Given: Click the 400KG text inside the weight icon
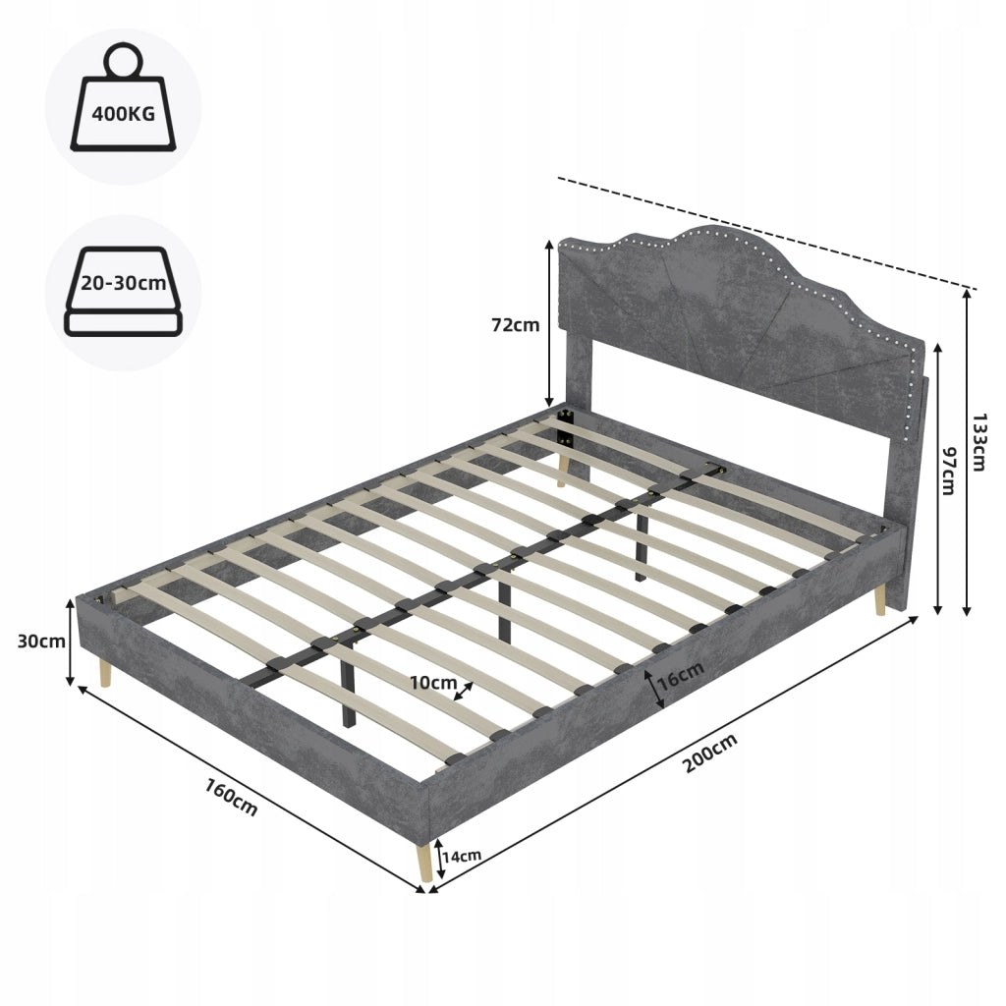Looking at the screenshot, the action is tap(123, 114).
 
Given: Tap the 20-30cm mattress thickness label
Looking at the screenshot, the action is tap(123, 283).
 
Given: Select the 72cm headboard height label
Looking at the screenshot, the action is tap(515, 325).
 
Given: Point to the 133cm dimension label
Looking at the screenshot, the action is tap(978, 443).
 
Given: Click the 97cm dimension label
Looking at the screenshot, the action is tap(949, 471).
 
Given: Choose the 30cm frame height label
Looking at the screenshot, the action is tap(41, 641).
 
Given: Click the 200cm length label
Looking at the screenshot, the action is tap(709, 753).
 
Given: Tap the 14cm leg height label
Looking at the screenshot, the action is tap(462, 856).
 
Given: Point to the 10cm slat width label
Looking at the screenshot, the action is tap(433, 683).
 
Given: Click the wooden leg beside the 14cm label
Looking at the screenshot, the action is tap(423, 863).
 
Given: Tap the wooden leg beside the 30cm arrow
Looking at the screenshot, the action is tap(104, 673).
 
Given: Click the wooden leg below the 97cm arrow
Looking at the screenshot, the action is tap(880, 600).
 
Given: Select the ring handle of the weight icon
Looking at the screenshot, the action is tap(123, 60).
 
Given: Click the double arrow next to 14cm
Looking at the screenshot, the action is tap(441, 859).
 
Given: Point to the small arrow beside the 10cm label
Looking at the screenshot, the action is tap(464, 692).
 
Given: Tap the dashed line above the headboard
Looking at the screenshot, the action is tap(767, 234).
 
